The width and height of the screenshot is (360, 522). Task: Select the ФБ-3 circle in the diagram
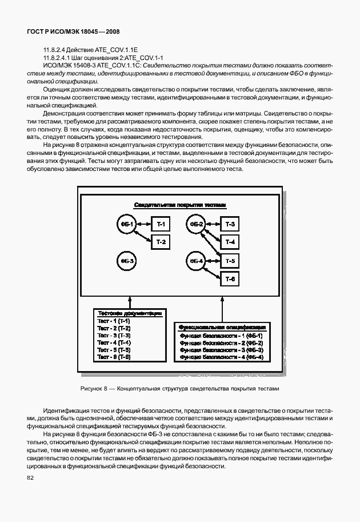(x=126, y=261)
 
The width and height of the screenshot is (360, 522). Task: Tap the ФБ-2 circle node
(x=197, y=225)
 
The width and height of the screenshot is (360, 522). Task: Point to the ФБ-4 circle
(x=196, y=261)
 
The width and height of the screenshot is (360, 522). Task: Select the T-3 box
(x=230, y=225)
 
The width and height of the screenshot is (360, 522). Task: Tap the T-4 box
(x=230, y=242)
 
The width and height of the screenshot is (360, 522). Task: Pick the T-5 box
(x=230, y=261)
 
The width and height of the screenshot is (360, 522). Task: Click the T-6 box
(x=230, y=278)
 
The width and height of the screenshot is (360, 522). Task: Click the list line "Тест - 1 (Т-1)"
(x=114, y=322)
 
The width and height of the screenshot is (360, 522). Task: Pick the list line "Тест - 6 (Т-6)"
(x=114, y=357)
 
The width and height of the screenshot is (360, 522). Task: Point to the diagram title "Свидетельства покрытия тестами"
(x=180, y=205)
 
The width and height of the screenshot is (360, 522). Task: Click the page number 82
(x=29, y=478)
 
